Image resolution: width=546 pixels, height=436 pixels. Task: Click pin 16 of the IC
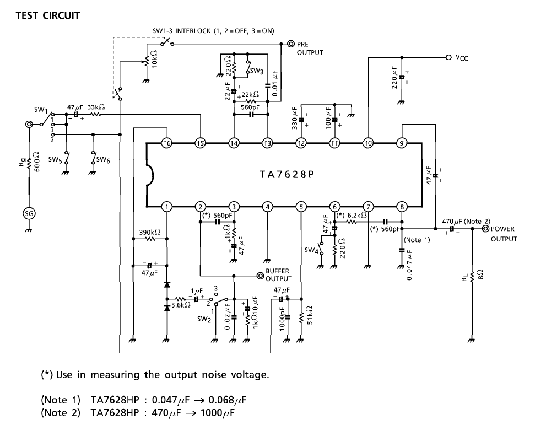click(x=167, y=143)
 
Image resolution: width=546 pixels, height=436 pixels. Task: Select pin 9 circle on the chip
click(x=402, y=143)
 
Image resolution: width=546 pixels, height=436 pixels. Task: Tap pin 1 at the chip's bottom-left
click(x=167, y=207)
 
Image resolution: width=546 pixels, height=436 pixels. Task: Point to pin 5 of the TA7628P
click(x=301, y=207)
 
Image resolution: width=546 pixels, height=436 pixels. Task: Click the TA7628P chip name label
click(x=287, y=174)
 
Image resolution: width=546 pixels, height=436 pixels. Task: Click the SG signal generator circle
click(x=29, y=213)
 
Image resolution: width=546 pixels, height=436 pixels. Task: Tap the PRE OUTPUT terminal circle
click(x=291, y=44)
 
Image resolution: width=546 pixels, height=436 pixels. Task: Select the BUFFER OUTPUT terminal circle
click(x=260, y=276)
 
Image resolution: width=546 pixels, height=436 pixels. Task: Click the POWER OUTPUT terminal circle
click(x=485, y=229)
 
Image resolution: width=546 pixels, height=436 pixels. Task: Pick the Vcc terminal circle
click(x=449, y=57)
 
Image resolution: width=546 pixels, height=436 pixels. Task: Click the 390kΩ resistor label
click(x=150, y=232)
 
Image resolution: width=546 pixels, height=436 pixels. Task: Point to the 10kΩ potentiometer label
click(x=155, y=58)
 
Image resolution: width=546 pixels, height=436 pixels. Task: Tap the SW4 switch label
click(x=312, y=250)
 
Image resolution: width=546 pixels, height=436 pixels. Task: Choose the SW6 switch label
click(x=103, y=160)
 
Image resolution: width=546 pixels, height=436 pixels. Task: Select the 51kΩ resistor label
click(x=310, y=315)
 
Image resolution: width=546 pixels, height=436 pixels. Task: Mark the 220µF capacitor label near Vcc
click(x=394, y=78)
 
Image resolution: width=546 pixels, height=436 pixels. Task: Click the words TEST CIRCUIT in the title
click(x=48, y=15)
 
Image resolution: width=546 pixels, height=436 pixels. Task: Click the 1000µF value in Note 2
click(x=218, y=413)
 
